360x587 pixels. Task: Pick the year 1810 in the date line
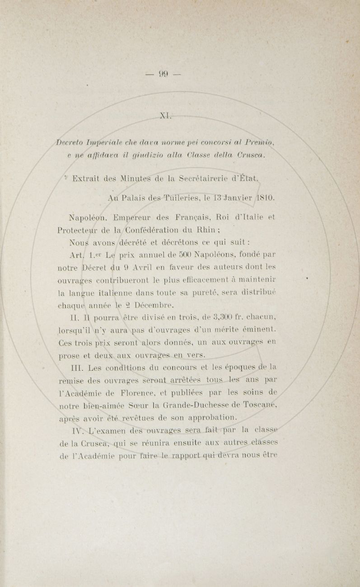(x=263, y=197)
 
